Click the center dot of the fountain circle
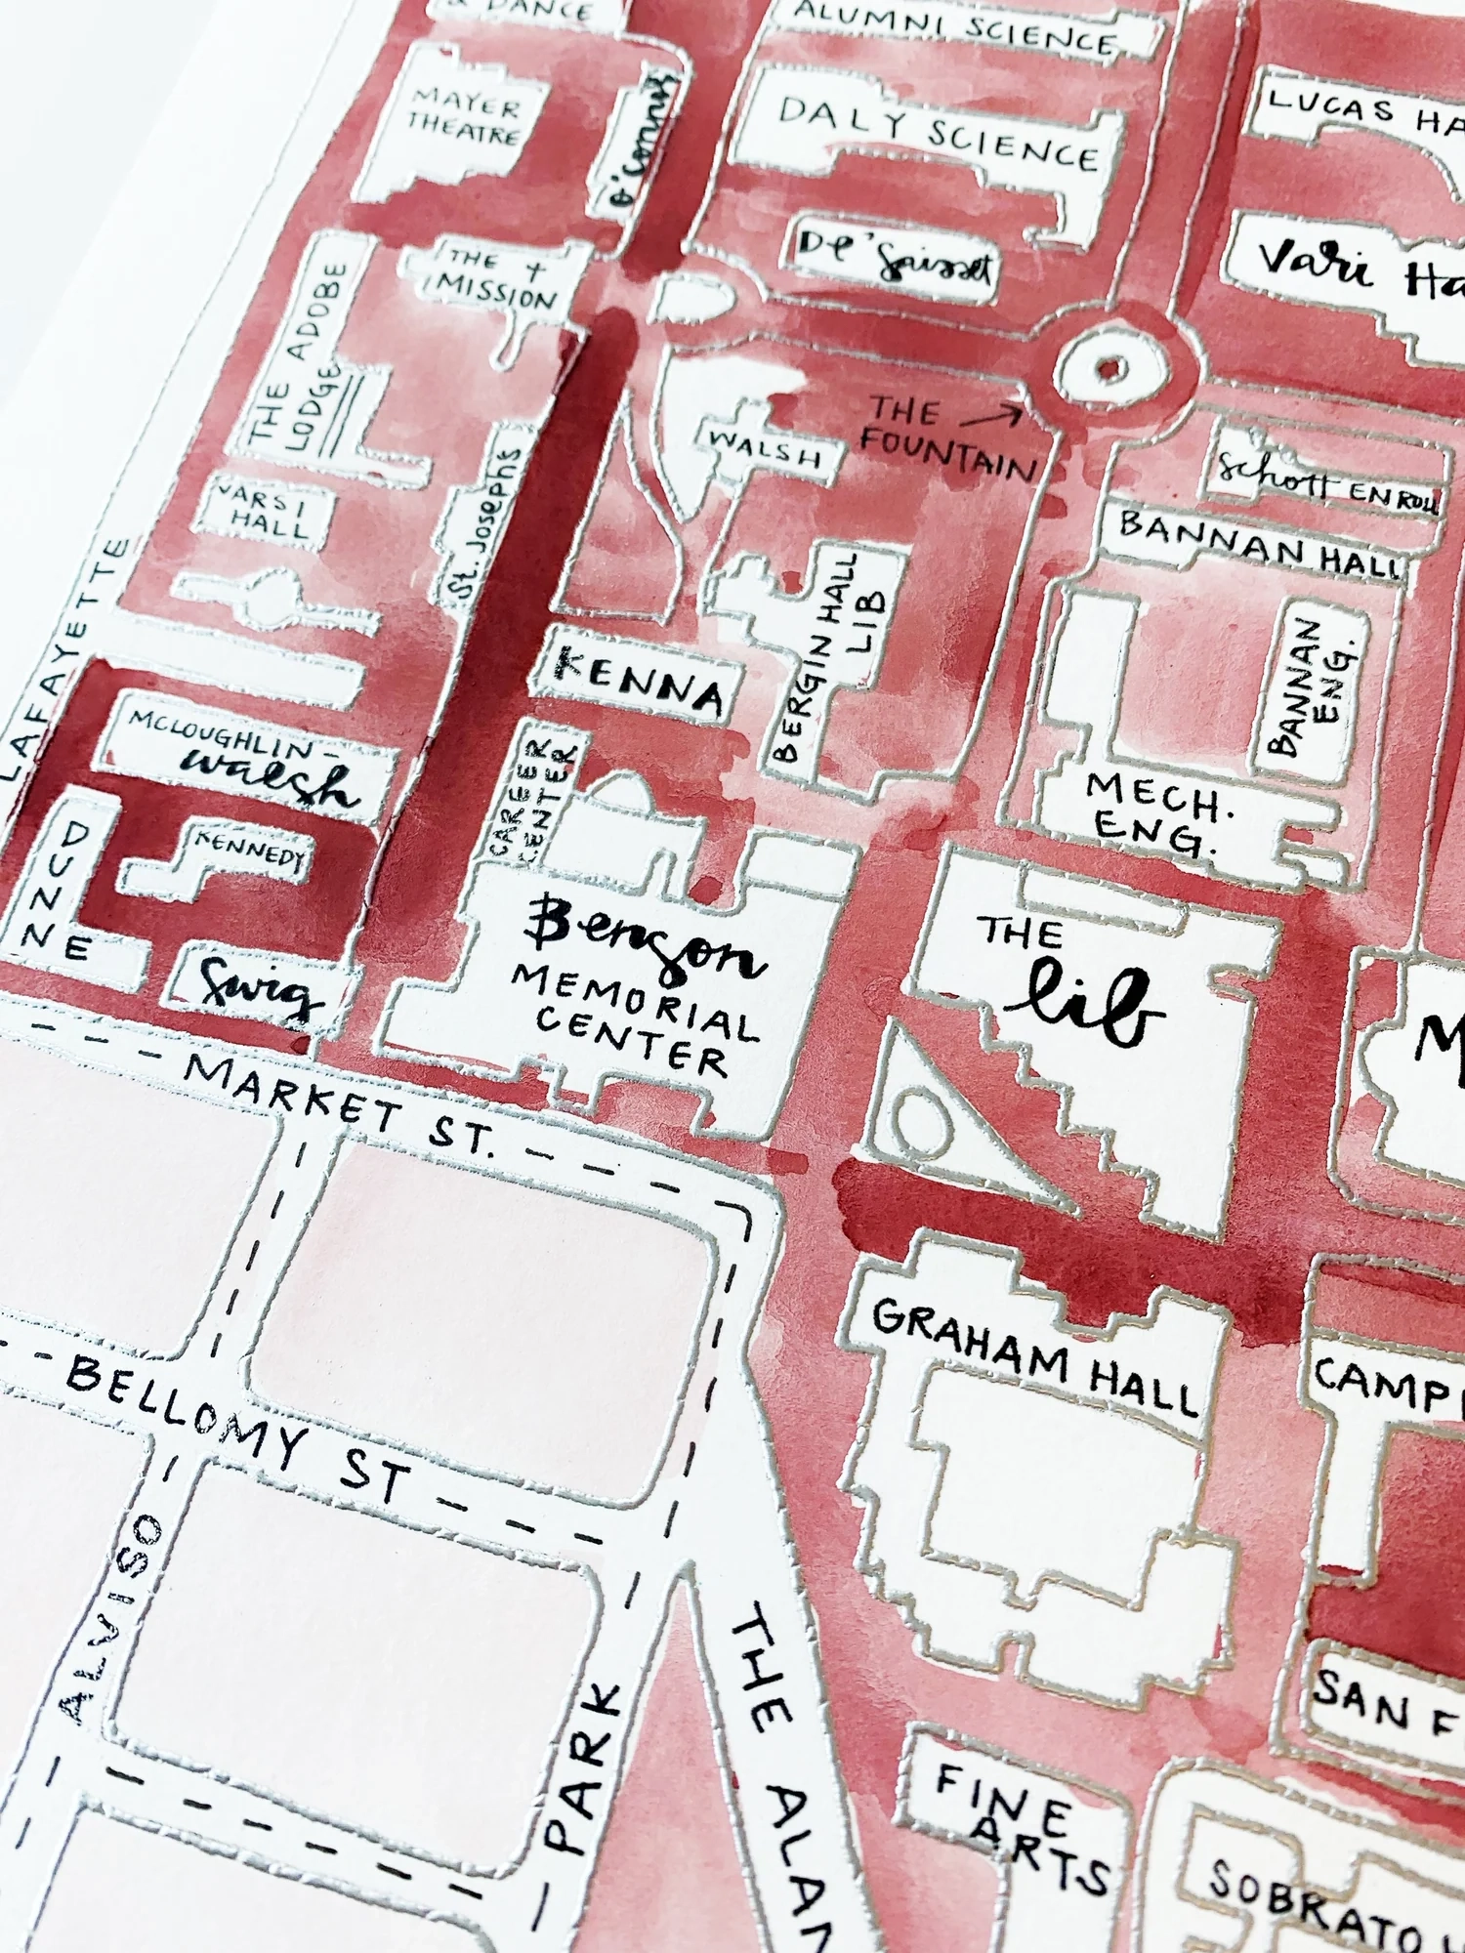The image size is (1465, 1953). coord(1109,369)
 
